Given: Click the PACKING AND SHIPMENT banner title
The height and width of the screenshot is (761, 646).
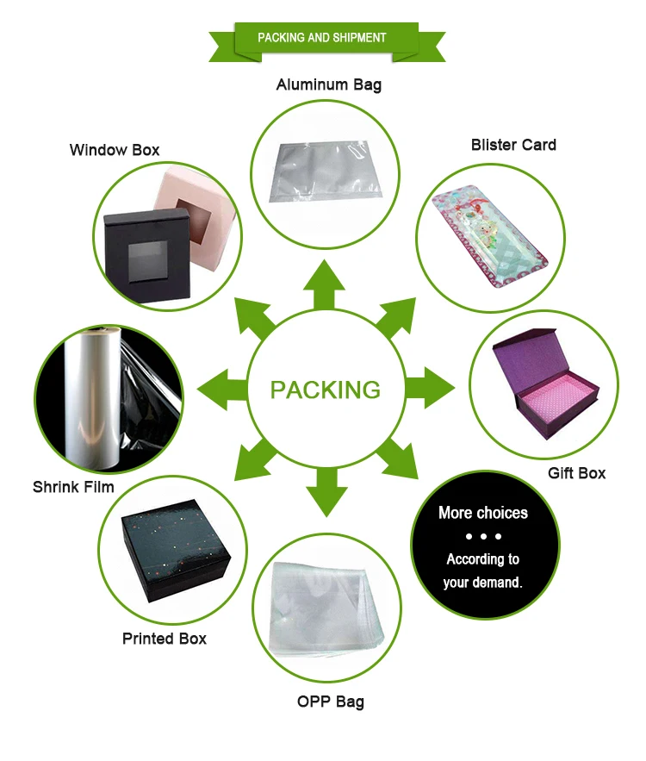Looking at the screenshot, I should click(322, 38).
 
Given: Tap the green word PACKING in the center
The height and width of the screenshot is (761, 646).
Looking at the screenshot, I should click(325, 390).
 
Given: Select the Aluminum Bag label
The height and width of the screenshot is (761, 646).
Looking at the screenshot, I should click(328, 84).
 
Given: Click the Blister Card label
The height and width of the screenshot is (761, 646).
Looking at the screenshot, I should click(513, 145).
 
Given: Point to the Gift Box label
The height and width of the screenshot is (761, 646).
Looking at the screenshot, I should click(576, 473).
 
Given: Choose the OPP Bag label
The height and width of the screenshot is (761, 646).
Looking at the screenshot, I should click(330, 702).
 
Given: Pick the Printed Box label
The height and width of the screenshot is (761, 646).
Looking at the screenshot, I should click(164, 639).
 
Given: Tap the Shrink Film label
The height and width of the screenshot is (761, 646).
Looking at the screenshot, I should click(73, 487).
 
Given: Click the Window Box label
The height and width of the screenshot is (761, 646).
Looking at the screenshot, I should click(115, 150).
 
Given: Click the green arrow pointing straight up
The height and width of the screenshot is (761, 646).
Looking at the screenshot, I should click(325, 284).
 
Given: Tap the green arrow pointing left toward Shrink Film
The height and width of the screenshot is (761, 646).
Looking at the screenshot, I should click(220, 390).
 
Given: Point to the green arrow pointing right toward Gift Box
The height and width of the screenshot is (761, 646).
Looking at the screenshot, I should click(430, 390).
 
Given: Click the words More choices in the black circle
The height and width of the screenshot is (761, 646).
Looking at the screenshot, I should click(482, 513).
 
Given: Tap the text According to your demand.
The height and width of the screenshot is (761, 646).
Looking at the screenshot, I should click(482, 571).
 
